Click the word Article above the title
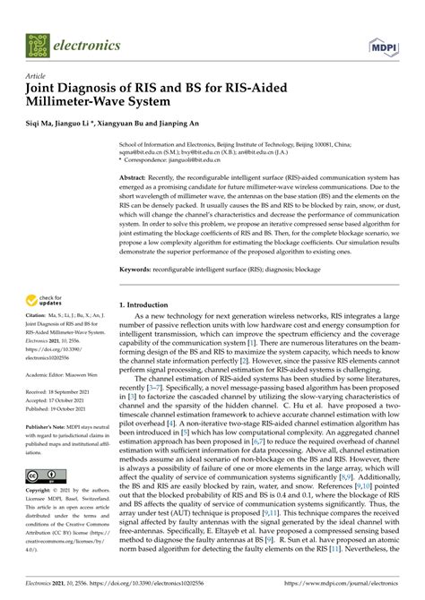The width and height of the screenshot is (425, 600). coord(38,76)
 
